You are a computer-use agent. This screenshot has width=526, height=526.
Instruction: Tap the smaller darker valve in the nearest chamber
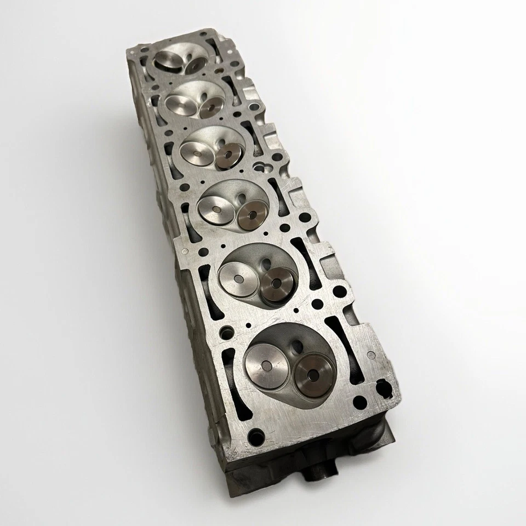click(x=313, y=376)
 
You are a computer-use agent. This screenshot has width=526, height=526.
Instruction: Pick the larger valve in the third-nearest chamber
click(x=214, y=207)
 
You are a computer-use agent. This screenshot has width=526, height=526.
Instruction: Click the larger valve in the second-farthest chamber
click(x=181, y=101)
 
